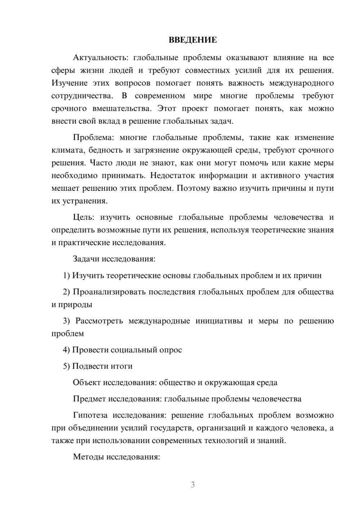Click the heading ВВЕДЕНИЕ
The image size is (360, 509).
(x=193, y=40)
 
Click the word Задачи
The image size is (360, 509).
(x=86, y=259)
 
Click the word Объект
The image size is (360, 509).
(x=86, y=383)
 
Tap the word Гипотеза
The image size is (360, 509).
(x=90, y=415)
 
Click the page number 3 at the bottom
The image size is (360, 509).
(x=193, y=485)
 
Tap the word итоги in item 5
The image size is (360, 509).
(x=121, y=366)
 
